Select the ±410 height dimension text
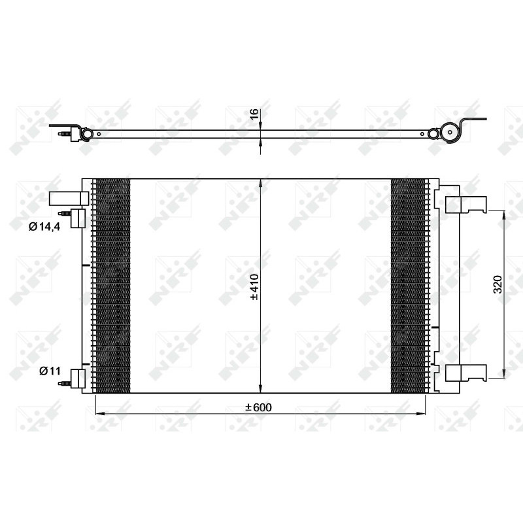255,286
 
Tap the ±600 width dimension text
258,407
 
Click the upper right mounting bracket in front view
465,205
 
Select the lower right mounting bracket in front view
465,373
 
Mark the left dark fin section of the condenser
113,286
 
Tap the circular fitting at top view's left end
84,135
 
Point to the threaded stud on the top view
64,135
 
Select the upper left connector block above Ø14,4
69,198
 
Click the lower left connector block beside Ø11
78,379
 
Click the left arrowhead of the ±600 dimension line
99,414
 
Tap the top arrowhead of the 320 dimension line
503,213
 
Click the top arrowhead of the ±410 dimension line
261,182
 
